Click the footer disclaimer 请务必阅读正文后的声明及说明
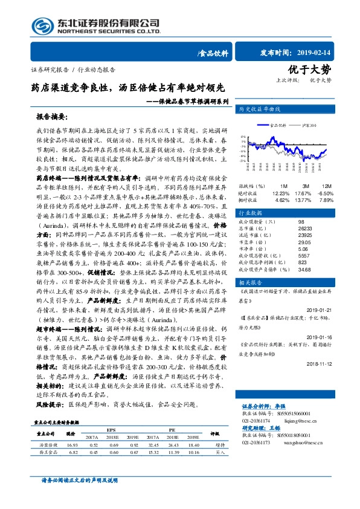(79, 497)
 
